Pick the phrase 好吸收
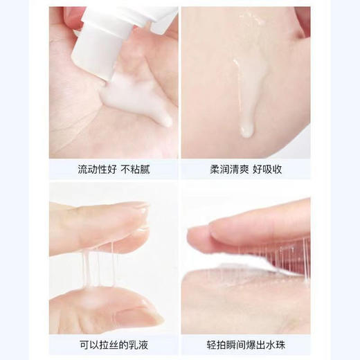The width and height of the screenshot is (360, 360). point(267,169)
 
